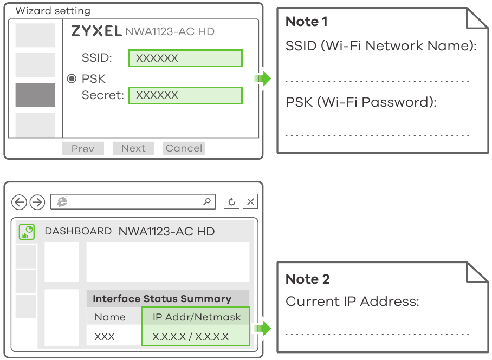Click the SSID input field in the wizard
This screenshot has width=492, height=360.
point(185,58)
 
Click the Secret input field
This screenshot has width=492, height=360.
point(185,95)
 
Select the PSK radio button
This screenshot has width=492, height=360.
point(72,78)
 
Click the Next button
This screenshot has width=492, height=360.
point(133,148)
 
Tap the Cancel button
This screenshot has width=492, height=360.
point(184,148)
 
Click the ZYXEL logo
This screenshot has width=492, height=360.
point(96,31)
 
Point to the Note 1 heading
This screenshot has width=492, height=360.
point(307,22)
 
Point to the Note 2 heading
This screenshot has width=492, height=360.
point(308,279)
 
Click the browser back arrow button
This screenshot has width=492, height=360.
point(19,202)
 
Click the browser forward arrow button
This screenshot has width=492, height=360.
point(37,202)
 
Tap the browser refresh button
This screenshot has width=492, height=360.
point(231,201)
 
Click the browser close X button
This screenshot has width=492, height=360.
point(250,201)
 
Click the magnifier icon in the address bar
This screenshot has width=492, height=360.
point(207,201)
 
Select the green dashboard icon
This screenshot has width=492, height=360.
point(27,232)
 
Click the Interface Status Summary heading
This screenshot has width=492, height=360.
point(162,298)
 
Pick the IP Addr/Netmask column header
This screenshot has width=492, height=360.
point(197,317)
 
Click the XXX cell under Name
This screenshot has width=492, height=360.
point(105,337)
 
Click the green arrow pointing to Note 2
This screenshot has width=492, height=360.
point(262,329)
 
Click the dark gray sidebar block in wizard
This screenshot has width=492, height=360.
point(35,95)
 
